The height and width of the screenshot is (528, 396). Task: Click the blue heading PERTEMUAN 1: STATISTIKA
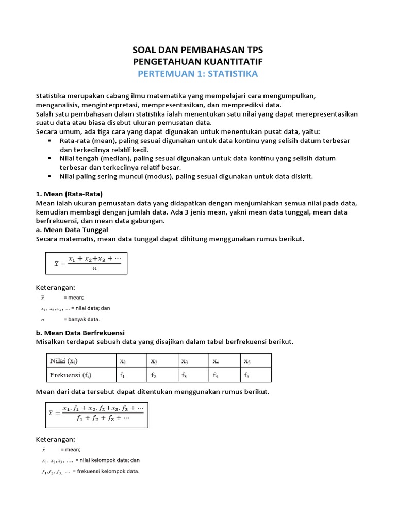tap(197, 74)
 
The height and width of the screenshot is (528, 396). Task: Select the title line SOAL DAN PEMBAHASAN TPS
tap(197, 50)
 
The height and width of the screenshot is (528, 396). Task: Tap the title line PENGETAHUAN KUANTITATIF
tap(197, 62)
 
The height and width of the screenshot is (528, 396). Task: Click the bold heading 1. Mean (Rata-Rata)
tap(69, 194)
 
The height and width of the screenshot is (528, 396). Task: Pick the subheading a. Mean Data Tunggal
tap(72, 230)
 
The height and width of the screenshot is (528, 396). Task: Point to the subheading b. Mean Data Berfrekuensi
tap(80, 332)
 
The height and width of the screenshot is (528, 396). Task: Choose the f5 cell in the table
tap(256, 375)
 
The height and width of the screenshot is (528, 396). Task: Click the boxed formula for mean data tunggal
tap(87, 263)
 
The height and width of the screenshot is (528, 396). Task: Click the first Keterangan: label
tap(55, 287)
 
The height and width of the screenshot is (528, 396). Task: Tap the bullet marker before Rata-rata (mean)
tap(49, 140)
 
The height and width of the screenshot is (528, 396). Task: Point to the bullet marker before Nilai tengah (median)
tap(49, 158)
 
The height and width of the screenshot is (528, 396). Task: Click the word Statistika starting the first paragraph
tap(52, 96)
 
